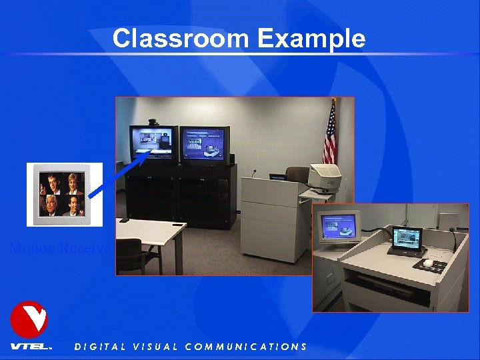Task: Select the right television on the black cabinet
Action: click(205, 145)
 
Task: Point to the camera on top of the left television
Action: click(153, 123)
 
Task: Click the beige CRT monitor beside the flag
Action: click(324, 177)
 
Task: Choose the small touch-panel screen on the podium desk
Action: click(406, 239)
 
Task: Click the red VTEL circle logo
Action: click(29, 319)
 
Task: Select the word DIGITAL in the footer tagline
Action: click(99, 347)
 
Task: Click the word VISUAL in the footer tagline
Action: click(155, 347)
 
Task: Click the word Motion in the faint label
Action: click(32, 249)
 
